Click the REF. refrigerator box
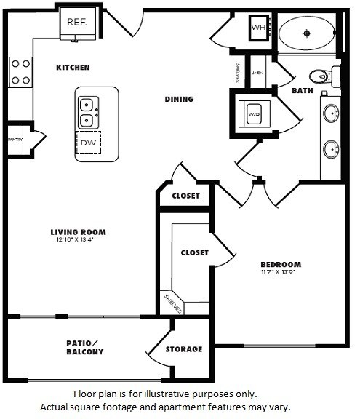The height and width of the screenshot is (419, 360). (77, 23)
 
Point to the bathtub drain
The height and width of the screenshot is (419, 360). (307, 32)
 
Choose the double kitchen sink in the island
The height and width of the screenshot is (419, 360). (87, 111)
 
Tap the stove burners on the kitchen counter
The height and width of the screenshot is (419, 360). (20, 73)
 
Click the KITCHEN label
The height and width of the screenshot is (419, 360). (73, 68)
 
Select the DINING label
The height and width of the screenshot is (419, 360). (179, 100)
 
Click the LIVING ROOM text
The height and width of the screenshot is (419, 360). (78, 232)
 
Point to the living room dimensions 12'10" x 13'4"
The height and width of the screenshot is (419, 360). (78, 240)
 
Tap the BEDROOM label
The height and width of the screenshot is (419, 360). (281, 264)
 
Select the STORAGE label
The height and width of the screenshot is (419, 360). (183, 349)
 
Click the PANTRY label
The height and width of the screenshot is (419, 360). (15, 139)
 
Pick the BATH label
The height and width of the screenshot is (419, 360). (302, 91)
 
